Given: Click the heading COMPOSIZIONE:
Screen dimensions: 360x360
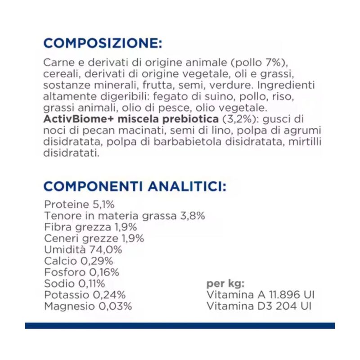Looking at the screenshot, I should [x=102, y=44].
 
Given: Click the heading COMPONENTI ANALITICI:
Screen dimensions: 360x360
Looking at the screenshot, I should [x=135, y=186].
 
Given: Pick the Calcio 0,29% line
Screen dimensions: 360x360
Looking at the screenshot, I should [x=78, y=261].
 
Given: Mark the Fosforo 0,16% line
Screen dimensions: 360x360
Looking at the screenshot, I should [x=81, y=272].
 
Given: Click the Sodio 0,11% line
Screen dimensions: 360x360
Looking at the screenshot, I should [x=75, y=283].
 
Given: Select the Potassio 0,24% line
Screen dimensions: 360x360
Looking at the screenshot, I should [x=85, y=295].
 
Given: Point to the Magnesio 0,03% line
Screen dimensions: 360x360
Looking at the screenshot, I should [x=88, y=306].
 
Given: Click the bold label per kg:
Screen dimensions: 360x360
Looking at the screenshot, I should [x=225, y=283].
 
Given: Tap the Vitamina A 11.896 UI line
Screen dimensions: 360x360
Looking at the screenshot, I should [x=260, y=295].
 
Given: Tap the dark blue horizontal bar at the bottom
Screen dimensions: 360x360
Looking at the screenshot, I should [x=180, y=325].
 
